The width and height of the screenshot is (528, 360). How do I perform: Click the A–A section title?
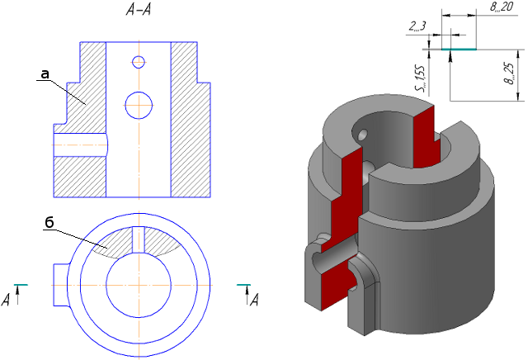point(139,10)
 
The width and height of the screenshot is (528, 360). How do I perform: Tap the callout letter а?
point(45,74)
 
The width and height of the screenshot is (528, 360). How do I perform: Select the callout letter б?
point(49,222)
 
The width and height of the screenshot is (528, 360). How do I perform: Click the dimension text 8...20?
point(502,7)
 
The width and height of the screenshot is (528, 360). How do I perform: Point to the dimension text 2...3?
point(417,26)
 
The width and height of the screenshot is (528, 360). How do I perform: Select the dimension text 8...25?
point(511,73)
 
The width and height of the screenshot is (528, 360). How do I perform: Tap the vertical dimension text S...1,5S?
point(421,78)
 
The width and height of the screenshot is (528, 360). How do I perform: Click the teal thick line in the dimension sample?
point(459,50)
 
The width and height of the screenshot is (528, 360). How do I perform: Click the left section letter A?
point(6,300)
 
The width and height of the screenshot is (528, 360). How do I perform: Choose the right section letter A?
point(255,300)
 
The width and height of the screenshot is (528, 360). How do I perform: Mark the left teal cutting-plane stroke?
point(21,285)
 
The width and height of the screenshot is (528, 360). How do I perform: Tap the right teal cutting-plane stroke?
point(243,285)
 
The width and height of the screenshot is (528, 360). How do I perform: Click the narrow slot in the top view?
point(139,239)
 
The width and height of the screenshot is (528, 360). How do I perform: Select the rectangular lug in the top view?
point(61,285)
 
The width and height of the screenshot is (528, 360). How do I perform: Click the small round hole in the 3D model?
point(363,135)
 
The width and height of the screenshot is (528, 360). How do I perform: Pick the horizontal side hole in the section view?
point(81,145)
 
